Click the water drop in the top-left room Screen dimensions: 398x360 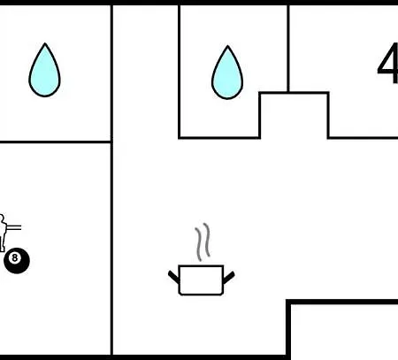point(44,73)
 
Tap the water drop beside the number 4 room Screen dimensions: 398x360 point(227,74)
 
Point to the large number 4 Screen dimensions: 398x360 point(388,64)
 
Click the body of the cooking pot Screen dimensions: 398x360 point(201,280)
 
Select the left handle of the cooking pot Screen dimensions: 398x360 point(173,278)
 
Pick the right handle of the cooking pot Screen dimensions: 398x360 point(229,278)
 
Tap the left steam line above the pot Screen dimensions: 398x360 point(198,244)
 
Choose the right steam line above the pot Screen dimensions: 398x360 point(207,240)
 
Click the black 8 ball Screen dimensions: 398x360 point(17,261)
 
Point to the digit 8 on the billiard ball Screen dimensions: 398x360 point(14,258)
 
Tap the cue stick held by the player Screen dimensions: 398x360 point(14,227)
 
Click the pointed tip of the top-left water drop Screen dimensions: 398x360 point(45,43)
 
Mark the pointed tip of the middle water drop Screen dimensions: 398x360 point(227,46)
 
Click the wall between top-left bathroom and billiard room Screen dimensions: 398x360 point(55,142)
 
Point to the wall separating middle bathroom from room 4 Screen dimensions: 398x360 point(288,49)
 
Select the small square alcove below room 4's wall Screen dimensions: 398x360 point(294,116)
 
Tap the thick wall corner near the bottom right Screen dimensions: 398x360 point(288,302)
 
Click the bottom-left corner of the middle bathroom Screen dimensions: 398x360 point(180,137)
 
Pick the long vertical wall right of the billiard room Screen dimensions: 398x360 point(111,180)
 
